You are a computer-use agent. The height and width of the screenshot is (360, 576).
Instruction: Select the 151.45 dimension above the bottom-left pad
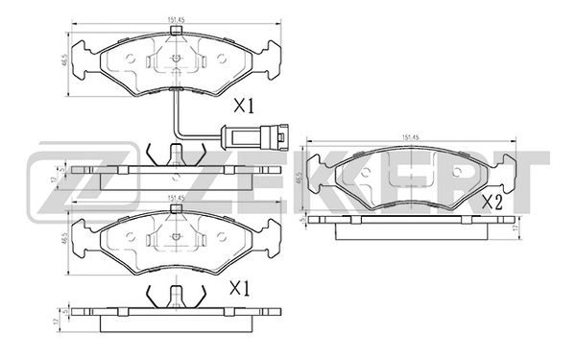coord(174,199)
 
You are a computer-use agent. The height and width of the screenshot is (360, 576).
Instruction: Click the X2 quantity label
coord(492,203)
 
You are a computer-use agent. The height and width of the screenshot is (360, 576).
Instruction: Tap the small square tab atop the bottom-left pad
coord(174,217)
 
